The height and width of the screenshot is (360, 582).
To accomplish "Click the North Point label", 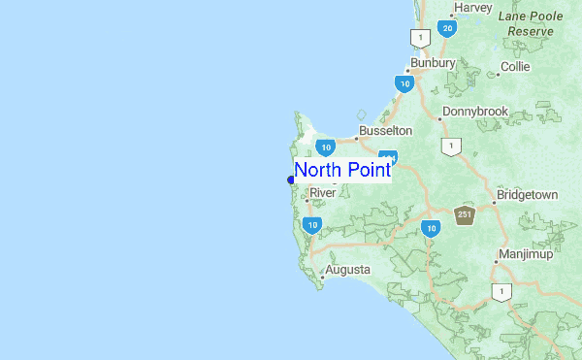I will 342,171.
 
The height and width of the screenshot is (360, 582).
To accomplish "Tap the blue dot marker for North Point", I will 291,180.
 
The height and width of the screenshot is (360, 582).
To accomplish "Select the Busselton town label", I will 385,130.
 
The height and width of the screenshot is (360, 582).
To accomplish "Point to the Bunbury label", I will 433,63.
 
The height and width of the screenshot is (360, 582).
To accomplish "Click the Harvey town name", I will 472,7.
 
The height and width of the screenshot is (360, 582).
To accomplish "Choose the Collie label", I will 514,68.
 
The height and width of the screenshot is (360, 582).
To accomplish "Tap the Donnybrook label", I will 475,112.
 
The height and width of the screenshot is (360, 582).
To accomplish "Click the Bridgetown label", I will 527,195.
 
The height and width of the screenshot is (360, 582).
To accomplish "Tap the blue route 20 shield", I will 446,29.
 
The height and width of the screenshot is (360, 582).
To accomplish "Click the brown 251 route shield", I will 466,215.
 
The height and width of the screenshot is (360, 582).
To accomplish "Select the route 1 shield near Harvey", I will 419,38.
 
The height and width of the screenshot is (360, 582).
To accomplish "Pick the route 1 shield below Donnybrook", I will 450,146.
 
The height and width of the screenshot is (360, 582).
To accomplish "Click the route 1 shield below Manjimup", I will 501,291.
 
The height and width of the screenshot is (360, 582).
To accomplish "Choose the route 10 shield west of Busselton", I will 325,147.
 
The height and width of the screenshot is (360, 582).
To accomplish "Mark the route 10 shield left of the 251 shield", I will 431,228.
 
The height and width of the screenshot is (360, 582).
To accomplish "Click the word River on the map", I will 322,193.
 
